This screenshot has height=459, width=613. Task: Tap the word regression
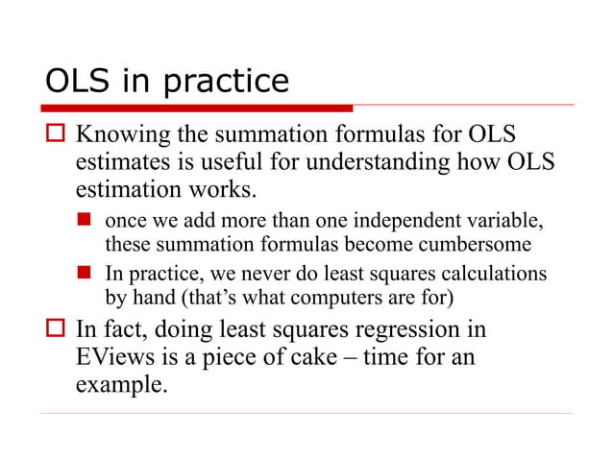click(x=406, y=330)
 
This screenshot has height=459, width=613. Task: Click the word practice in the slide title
click(x=227, y=82)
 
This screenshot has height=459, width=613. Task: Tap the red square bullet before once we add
click(x=84, y=221)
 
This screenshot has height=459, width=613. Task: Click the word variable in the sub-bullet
click(x=501, y=220)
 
